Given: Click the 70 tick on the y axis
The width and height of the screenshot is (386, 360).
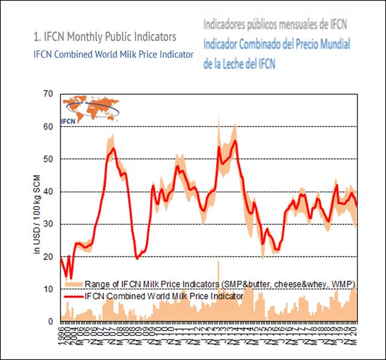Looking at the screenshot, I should coord(49,94).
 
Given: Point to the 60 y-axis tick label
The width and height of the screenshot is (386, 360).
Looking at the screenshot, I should coord(49,127).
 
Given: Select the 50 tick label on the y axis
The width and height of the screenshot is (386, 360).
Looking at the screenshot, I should coord(49,159).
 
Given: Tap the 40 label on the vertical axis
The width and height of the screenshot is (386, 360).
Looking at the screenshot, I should coord(49,192).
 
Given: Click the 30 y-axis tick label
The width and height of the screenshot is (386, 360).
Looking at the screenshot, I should coord(49,224).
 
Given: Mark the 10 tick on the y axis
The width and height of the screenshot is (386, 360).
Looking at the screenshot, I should coord(49,289).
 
